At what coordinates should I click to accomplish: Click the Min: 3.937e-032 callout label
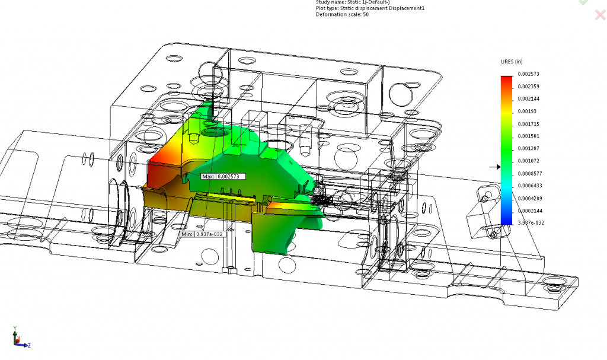pyautogui.click(x=202, y=234)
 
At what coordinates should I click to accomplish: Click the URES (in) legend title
pyautogui.click(x=512, y=62)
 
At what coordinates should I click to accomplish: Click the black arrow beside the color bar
pyautogui.click(x=494, y=167)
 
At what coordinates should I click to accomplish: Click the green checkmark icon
pyautogui.click(x=583, y=2)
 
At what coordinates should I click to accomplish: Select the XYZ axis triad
pyautogui.click(x=19, y=339)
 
